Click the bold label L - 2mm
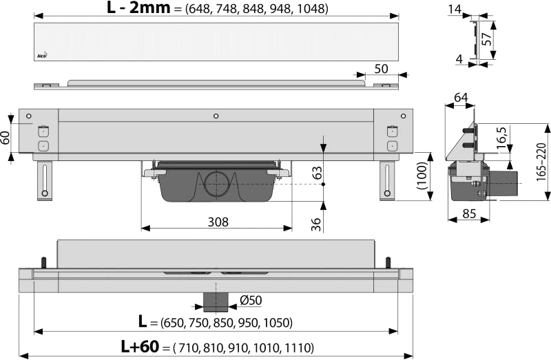point(138,8)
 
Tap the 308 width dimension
point(218,222)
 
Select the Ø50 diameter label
point(251,300)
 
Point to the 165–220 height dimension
point(541,162)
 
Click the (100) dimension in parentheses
point(422,176)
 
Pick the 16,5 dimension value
point(502,138)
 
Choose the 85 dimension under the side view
point(469,213)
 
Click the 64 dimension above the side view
point(460,97)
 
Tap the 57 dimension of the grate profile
point(486,39)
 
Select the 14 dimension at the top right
point(455,9)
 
